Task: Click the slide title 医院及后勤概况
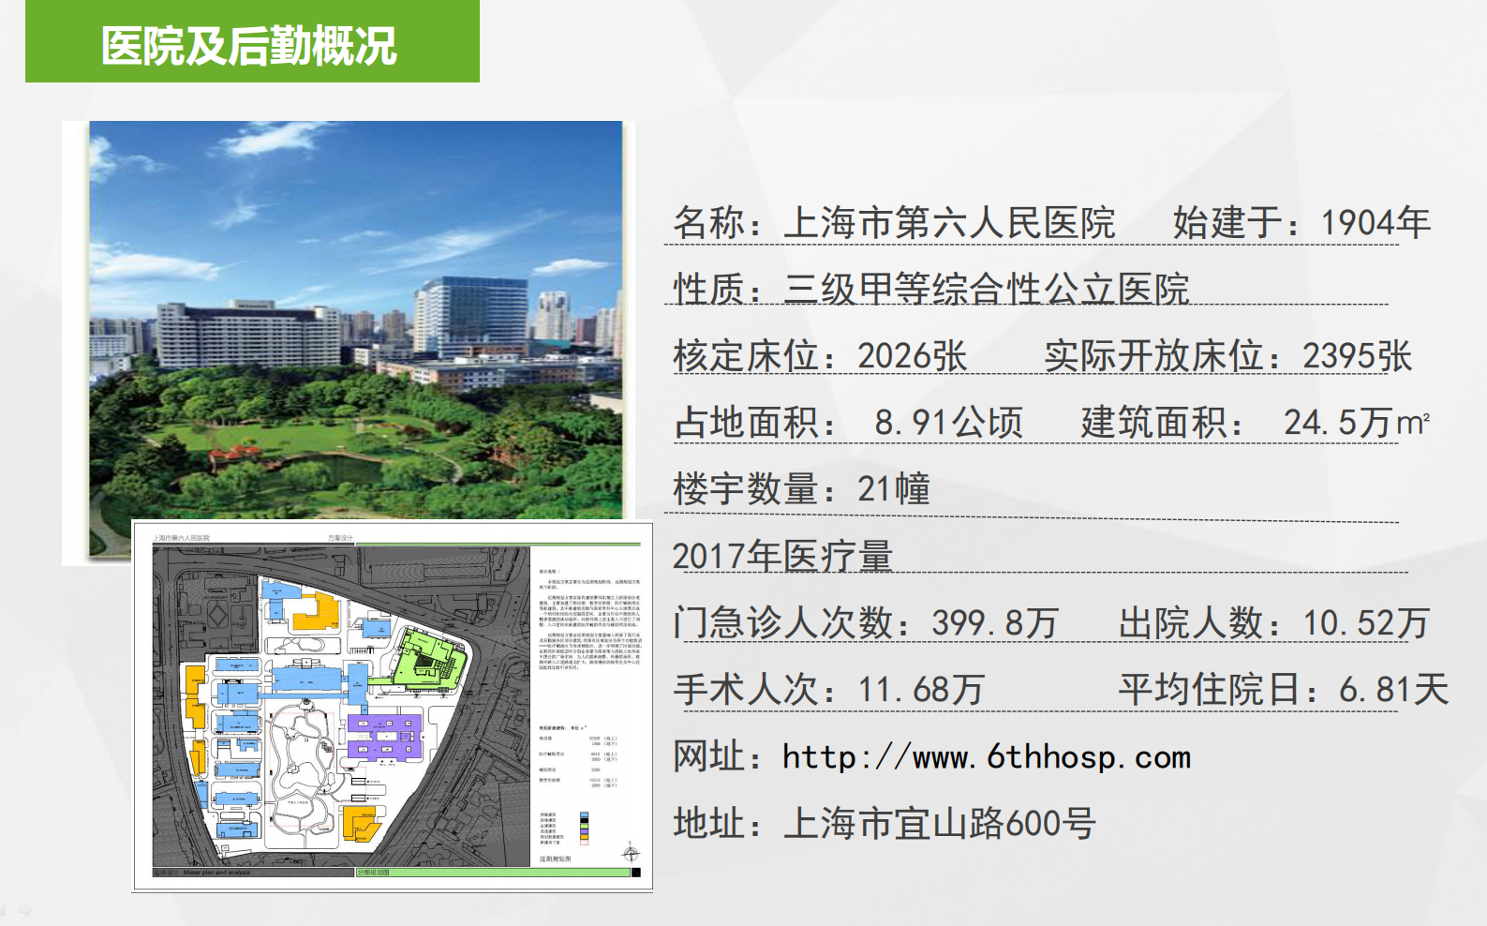point(249,46)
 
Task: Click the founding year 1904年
point(1375,223)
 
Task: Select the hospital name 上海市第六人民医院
point(948,223)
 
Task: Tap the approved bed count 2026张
point(912,356)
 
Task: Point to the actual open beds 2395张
point(1356,356)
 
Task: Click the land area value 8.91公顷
point(948,423)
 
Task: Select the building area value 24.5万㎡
point(1356,423)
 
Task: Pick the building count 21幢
point(893,489)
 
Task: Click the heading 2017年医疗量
point(782,556)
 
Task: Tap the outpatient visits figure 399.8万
point(994,623)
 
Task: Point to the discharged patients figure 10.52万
point(1365,623)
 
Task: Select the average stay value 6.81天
point(1393,690)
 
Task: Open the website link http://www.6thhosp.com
point(986,757)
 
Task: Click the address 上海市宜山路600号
point(939,824)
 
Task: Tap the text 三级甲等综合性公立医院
point(986,290)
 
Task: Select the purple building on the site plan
point(384,737)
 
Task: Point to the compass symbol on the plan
point(631,853)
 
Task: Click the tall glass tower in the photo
point(473,314)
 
